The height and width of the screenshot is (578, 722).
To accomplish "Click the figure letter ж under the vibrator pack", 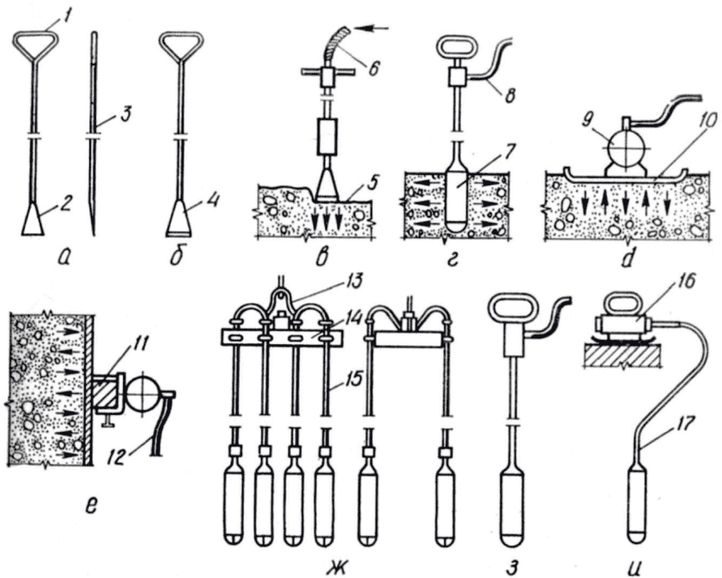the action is point(338,565).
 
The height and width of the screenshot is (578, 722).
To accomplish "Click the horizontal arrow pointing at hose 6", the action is point(373,29).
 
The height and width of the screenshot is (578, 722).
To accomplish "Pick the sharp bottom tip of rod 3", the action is point(94,236).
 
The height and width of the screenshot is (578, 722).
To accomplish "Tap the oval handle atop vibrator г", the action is point(454,47).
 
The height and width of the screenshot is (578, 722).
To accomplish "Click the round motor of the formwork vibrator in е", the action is point(144,392).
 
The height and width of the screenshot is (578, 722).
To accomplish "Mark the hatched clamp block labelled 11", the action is point(106,394).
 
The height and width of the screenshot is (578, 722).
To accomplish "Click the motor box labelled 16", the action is point(622,325).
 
